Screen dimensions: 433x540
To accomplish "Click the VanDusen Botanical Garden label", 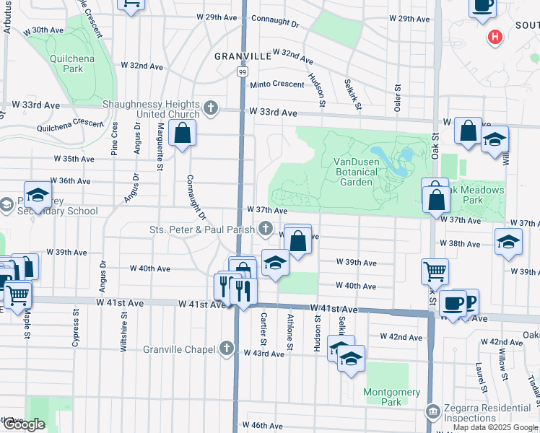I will pos(356,172).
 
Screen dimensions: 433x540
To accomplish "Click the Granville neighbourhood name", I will pos(243,55).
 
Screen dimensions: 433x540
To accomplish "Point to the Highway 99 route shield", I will pos(243,72).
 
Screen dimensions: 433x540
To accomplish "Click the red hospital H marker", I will pos(495,37).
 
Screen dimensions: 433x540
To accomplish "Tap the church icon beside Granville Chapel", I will pos(227,349).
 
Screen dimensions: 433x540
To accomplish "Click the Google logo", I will pos(24,424).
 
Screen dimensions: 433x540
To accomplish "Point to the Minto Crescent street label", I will pos(277,84).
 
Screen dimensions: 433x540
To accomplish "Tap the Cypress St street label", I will pos(75,329).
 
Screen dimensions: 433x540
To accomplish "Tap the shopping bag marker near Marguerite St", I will pos(183,134).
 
